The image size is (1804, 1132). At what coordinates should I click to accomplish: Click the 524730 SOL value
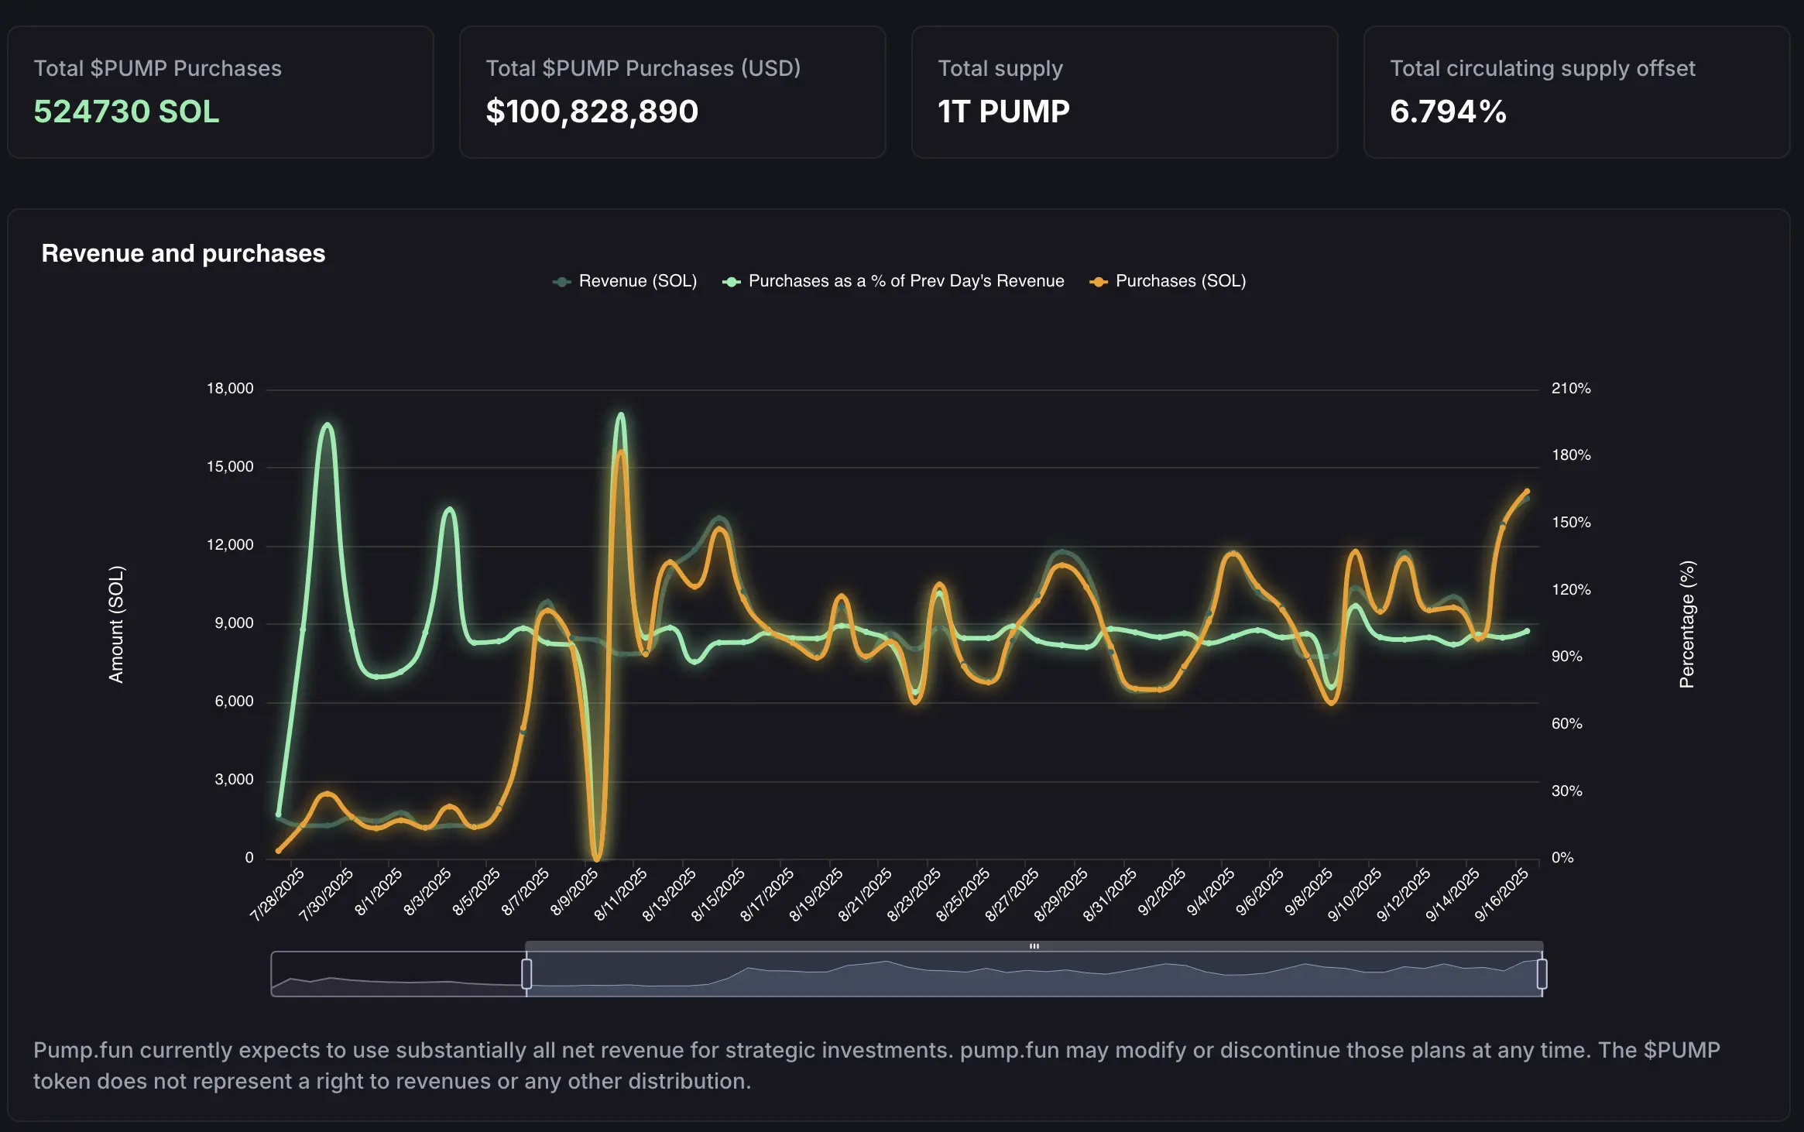pyautogui.click(x=126, y=111)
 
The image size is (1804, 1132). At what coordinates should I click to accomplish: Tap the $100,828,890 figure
pyautogui.click(x=592, y=111)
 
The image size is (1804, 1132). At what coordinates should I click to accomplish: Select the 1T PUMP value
pyautogui.click(x=1003, y=111)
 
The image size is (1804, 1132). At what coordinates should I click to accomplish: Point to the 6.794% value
pyautogui.click(x=1448, y=111)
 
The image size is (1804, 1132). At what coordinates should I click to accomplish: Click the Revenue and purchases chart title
pyautogui.click(x=183, y=253)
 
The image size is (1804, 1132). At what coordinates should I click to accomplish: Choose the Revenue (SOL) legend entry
pyautogui.click(x=625, y=281)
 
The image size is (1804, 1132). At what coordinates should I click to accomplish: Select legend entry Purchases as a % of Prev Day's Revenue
pyautogui.click(x=893, y=281)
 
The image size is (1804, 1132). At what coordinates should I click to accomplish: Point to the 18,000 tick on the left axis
pyautogui.click(x=230, y=389)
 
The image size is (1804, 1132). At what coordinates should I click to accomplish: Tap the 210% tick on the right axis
pyautogui.click(x=1570, y=389)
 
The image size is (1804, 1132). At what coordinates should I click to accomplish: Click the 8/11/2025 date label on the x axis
pyautogui.click(x=621, y=894)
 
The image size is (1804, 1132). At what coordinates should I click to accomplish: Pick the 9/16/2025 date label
pyautogui.click(x=1501, y=894)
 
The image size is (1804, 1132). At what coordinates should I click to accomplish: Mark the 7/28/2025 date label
pyautogui.click(x=277, y=894)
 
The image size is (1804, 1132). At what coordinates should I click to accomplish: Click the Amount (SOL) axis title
pyautogui.click(x=116, y=624)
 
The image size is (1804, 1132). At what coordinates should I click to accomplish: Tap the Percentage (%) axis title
pyautogui.click(x=1686, y=624)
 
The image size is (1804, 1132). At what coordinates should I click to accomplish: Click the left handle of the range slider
pyautogui.click(x=526, y=973)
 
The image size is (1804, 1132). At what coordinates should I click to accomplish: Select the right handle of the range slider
pyautogui.click(x=1542, y=973)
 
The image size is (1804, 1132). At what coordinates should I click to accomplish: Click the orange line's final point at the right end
pyautogui.click(x=1527, y=491)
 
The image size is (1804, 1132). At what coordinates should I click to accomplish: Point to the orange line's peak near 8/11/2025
pyautogui.click(x=621, y=452)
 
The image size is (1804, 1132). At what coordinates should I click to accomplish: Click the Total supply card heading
pyautogui.click(x=1000, y=68)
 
